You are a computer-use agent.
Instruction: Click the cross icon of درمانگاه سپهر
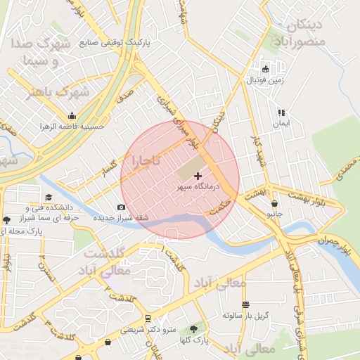(197, 175)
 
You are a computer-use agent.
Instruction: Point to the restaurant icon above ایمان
(281, 112)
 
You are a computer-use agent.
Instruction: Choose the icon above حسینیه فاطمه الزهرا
(72, 116)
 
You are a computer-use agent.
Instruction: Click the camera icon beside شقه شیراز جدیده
(121, 207)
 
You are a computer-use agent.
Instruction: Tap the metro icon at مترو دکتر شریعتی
(148, 319)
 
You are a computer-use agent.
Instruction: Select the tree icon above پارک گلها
(193, 329)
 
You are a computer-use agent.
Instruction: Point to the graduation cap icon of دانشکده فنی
(49, 198)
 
